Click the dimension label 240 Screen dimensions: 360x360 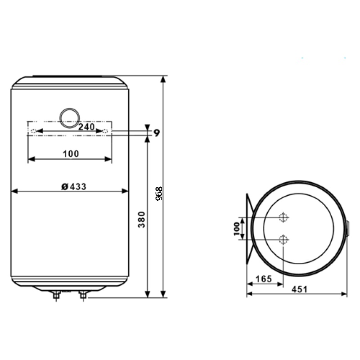(x=86, y=126)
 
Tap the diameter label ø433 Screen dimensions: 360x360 (x=74, y=186)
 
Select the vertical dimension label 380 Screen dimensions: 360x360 (x=142, y=220)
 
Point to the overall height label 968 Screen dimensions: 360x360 (x=159, y=194)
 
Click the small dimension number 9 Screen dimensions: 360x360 (x=157, y=133)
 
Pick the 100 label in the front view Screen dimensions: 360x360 (x=71, y=153)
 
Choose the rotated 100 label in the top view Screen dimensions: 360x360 (x=237, y=229)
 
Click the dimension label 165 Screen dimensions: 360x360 (x=264, y=279)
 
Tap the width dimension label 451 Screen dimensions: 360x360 (x=299, y=289)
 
